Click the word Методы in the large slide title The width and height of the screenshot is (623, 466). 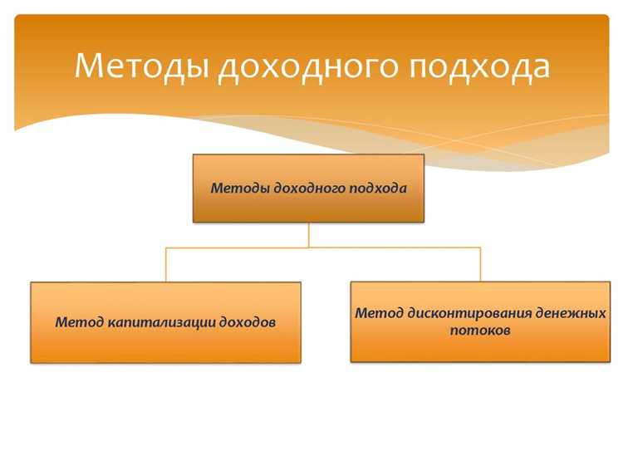pos(141,66)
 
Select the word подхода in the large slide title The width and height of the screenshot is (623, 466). pos(479,66)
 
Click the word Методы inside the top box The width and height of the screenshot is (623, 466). pos(240,189)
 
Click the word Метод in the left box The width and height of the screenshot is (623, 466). pos(79,322)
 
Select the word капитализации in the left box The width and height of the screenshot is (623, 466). pos(159,322)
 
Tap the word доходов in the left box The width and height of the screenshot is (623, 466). pos(246,322)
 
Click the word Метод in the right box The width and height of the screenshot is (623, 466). pos(379,314)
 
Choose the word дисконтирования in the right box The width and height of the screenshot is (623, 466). pos(470,314)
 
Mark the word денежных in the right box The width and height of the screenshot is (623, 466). pos(575,314)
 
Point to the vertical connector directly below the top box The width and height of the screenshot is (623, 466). pos(309,235)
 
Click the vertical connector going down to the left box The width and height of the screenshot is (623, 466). pos(165,264)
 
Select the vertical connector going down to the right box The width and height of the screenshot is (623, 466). pos(480,264)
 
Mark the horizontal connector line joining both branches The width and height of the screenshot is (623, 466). pos(241,248)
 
